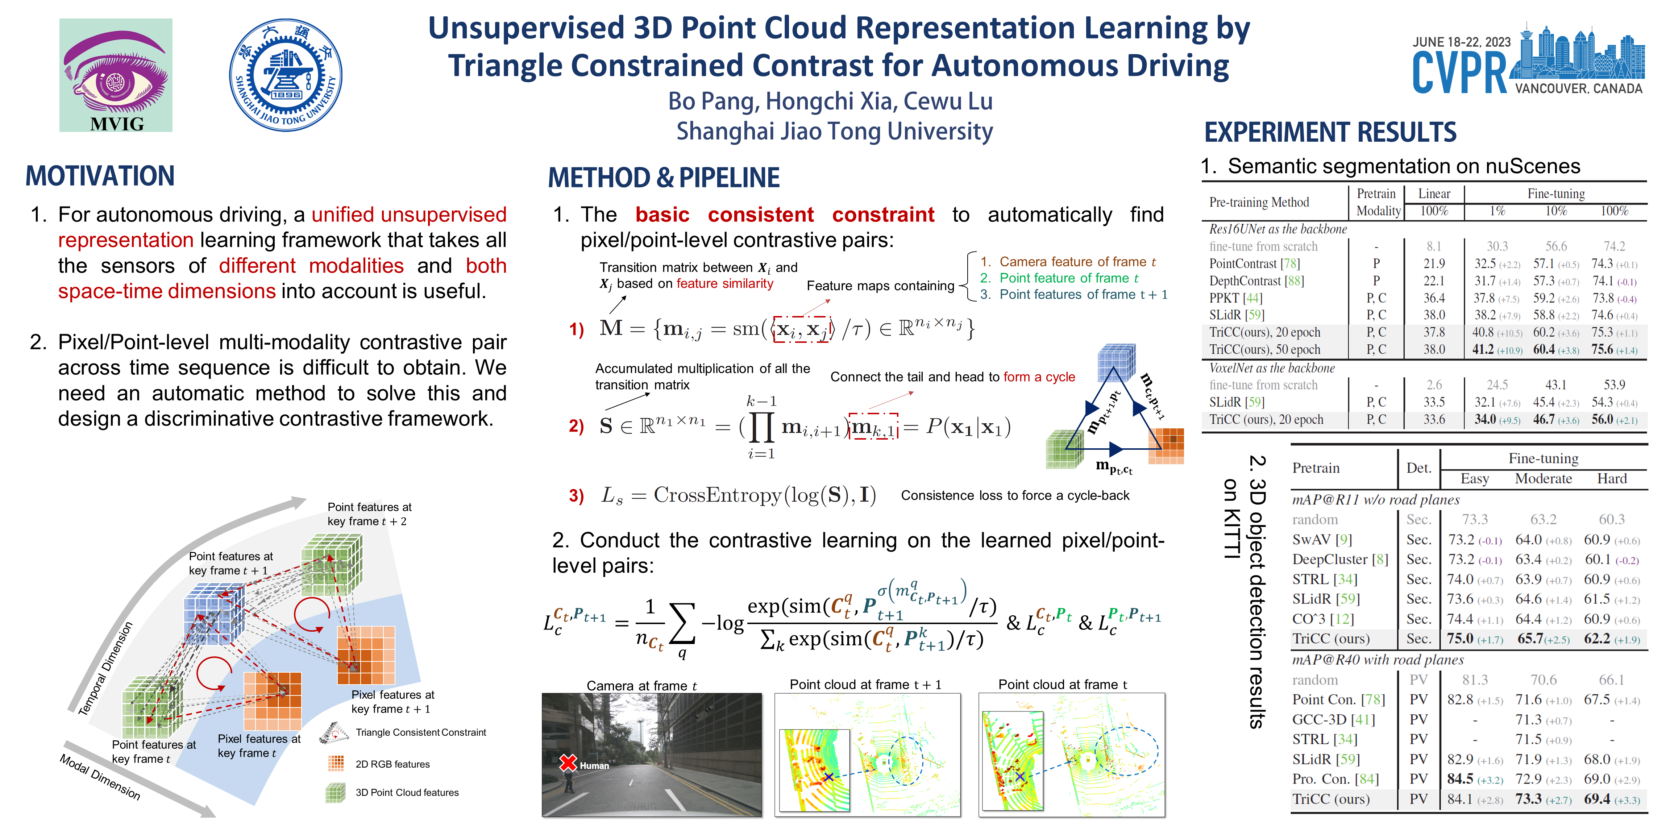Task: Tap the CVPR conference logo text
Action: [1459, 72]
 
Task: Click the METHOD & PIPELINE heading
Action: [664, 178]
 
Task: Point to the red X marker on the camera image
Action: [569, 763]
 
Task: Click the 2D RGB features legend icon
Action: [336, 764]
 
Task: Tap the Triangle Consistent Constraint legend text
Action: [421, 732]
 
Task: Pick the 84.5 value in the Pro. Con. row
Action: [1460, 778]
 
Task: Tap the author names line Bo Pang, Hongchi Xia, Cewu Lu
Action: [830, 101]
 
